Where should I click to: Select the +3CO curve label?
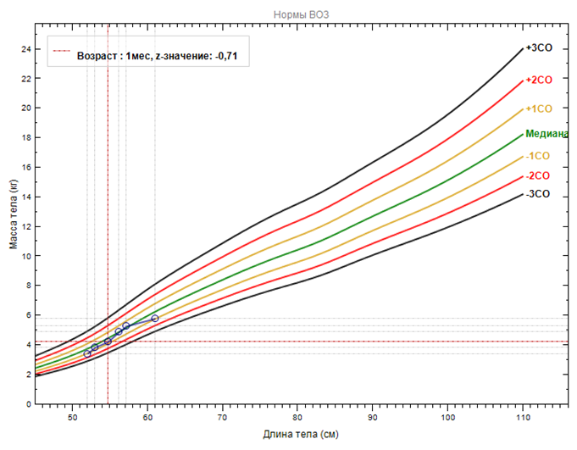pos(538,48)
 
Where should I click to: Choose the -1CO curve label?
pos(537,156)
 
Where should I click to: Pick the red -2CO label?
pos(537,175)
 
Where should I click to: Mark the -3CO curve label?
pos(537,194)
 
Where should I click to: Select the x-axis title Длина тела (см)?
pos(302,435)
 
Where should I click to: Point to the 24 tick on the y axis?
pos(25,49)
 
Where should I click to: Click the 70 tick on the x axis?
pos(223,416)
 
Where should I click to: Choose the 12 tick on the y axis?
pos(25,226)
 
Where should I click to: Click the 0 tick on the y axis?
pos(28,404)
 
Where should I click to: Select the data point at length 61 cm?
pos(155,318)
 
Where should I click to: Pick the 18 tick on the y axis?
pos(25,138)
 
